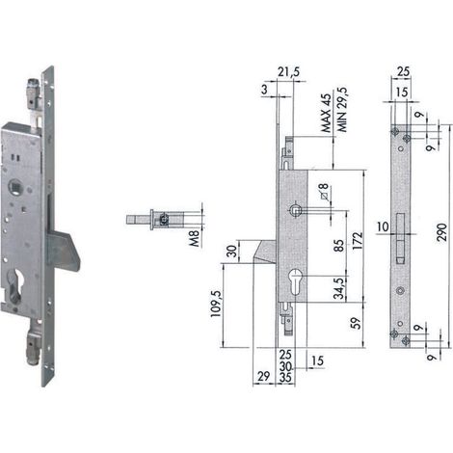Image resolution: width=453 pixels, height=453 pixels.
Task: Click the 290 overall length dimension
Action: pos(442,233)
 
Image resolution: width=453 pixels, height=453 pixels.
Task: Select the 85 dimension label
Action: pos(338,246)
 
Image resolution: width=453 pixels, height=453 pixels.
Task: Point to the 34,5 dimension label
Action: pos(338,288)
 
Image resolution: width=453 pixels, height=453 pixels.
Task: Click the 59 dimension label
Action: pos(356,324)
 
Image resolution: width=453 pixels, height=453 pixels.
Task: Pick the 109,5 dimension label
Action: pos(216,304)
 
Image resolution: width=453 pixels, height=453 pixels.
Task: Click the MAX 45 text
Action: pos(326,114)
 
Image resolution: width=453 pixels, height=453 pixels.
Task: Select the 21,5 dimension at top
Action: pos(288,72)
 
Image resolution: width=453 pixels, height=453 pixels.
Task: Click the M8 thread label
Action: pos(195,239)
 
